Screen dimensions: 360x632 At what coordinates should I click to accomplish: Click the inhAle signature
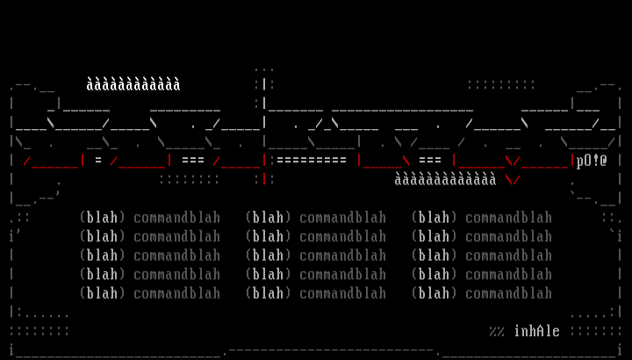click(537, 331)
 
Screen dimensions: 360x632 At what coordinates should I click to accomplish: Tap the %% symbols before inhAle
click(497, 331)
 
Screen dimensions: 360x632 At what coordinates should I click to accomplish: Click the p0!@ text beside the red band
click(592, 161)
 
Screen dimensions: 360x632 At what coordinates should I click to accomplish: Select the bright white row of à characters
click(133, 85)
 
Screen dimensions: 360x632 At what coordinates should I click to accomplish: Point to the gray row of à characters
click(445, 180)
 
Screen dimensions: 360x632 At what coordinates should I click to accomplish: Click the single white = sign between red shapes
click(98, 161)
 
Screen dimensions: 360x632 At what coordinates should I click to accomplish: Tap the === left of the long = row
click(193, 161)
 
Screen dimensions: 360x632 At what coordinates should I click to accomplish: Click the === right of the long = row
click(430, 161)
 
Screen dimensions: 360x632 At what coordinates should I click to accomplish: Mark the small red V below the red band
click(513, 180)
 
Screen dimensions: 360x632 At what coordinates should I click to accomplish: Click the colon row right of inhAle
click(596, 331)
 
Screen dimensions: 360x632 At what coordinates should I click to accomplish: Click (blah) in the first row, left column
click(102, 218)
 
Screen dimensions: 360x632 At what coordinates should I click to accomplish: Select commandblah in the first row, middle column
click(342, 218)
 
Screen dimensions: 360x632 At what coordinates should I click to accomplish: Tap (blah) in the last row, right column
click(434, 293)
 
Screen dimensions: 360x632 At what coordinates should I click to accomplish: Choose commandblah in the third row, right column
click(508, 256)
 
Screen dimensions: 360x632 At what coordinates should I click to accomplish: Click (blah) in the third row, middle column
click(268, 256)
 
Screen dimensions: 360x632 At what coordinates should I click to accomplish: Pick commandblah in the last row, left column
click(176, 293)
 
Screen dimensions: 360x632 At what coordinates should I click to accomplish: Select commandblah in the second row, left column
click(176, 237)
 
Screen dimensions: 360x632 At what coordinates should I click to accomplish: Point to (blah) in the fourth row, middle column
click(268, 275)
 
